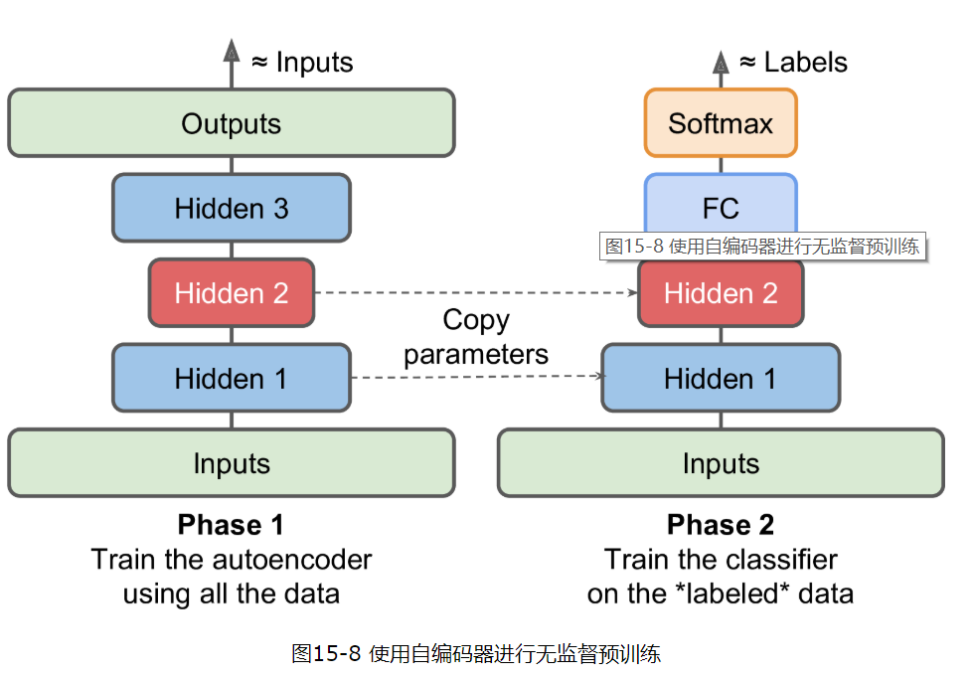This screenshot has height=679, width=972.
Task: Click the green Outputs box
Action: tap(231, 123)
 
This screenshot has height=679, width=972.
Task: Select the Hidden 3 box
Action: tap(231, 208)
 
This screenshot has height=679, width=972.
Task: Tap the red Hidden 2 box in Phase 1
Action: tap(231, 293)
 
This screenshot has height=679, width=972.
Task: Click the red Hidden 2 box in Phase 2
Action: tap(721, 293)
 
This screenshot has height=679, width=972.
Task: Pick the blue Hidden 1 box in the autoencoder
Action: tap(231, 378)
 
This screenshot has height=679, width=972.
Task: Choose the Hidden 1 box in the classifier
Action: tap(721, 378)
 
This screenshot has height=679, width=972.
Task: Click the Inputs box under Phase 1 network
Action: tap(231, 463)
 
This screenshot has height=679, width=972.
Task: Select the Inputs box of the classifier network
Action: tap(721, 463)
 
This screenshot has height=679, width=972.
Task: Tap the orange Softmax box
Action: tap(721, 123)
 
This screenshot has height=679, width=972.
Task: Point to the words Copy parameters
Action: tap(476, 337)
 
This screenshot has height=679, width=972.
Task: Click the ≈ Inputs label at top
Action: tap(301, 62)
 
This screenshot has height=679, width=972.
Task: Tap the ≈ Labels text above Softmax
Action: tap(792, 62)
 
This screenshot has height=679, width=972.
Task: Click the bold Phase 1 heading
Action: tap(231, 525)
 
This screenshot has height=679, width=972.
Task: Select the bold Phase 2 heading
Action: tap(721, 525)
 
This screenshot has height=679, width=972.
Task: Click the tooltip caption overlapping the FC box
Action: tap(762, 247)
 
